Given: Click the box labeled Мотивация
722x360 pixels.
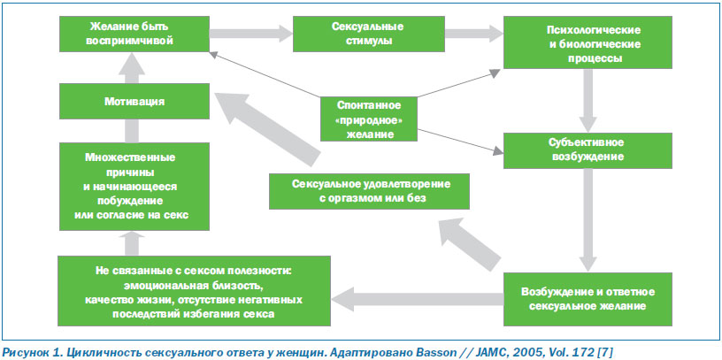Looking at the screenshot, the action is click(134, 102).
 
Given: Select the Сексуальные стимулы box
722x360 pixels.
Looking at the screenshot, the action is click(369, 34).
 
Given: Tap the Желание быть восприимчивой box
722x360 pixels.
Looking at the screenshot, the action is click(134, 34).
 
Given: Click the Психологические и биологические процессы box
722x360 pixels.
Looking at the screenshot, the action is click(588, 42).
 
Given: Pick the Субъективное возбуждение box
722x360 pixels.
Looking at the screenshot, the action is click(588, 150).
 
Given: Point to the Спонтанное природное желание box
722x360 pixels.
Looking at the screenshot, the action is click(369, 119).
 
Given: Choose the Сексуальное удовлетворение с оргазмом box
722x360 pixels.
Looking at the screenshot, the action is click(369, 192).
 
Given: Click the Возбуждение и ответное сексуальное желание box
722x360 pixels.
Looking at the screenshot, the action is click(588, 299).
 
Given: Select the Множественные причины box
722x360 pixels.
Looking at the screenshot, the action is click(134, 187).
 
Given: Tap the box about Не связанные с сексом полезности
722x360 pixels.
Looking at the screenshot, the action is click(195, 291).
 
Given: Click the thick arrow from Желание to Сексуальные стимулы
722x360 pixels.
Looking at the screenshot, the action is click(251, 34).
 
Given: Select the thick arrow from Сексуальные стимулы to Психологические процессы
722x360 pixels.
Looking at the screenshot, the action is click(474, 34).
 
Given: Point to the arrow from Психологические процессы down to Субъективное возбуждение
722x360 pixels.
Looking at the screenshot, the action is click(588, 101).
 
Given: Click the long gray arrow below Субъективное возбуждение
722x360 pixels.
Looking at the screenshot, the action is click(588, 220).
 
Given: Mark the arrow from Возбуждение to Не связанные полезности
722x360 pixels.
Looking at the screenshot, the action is click(417, 299).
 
